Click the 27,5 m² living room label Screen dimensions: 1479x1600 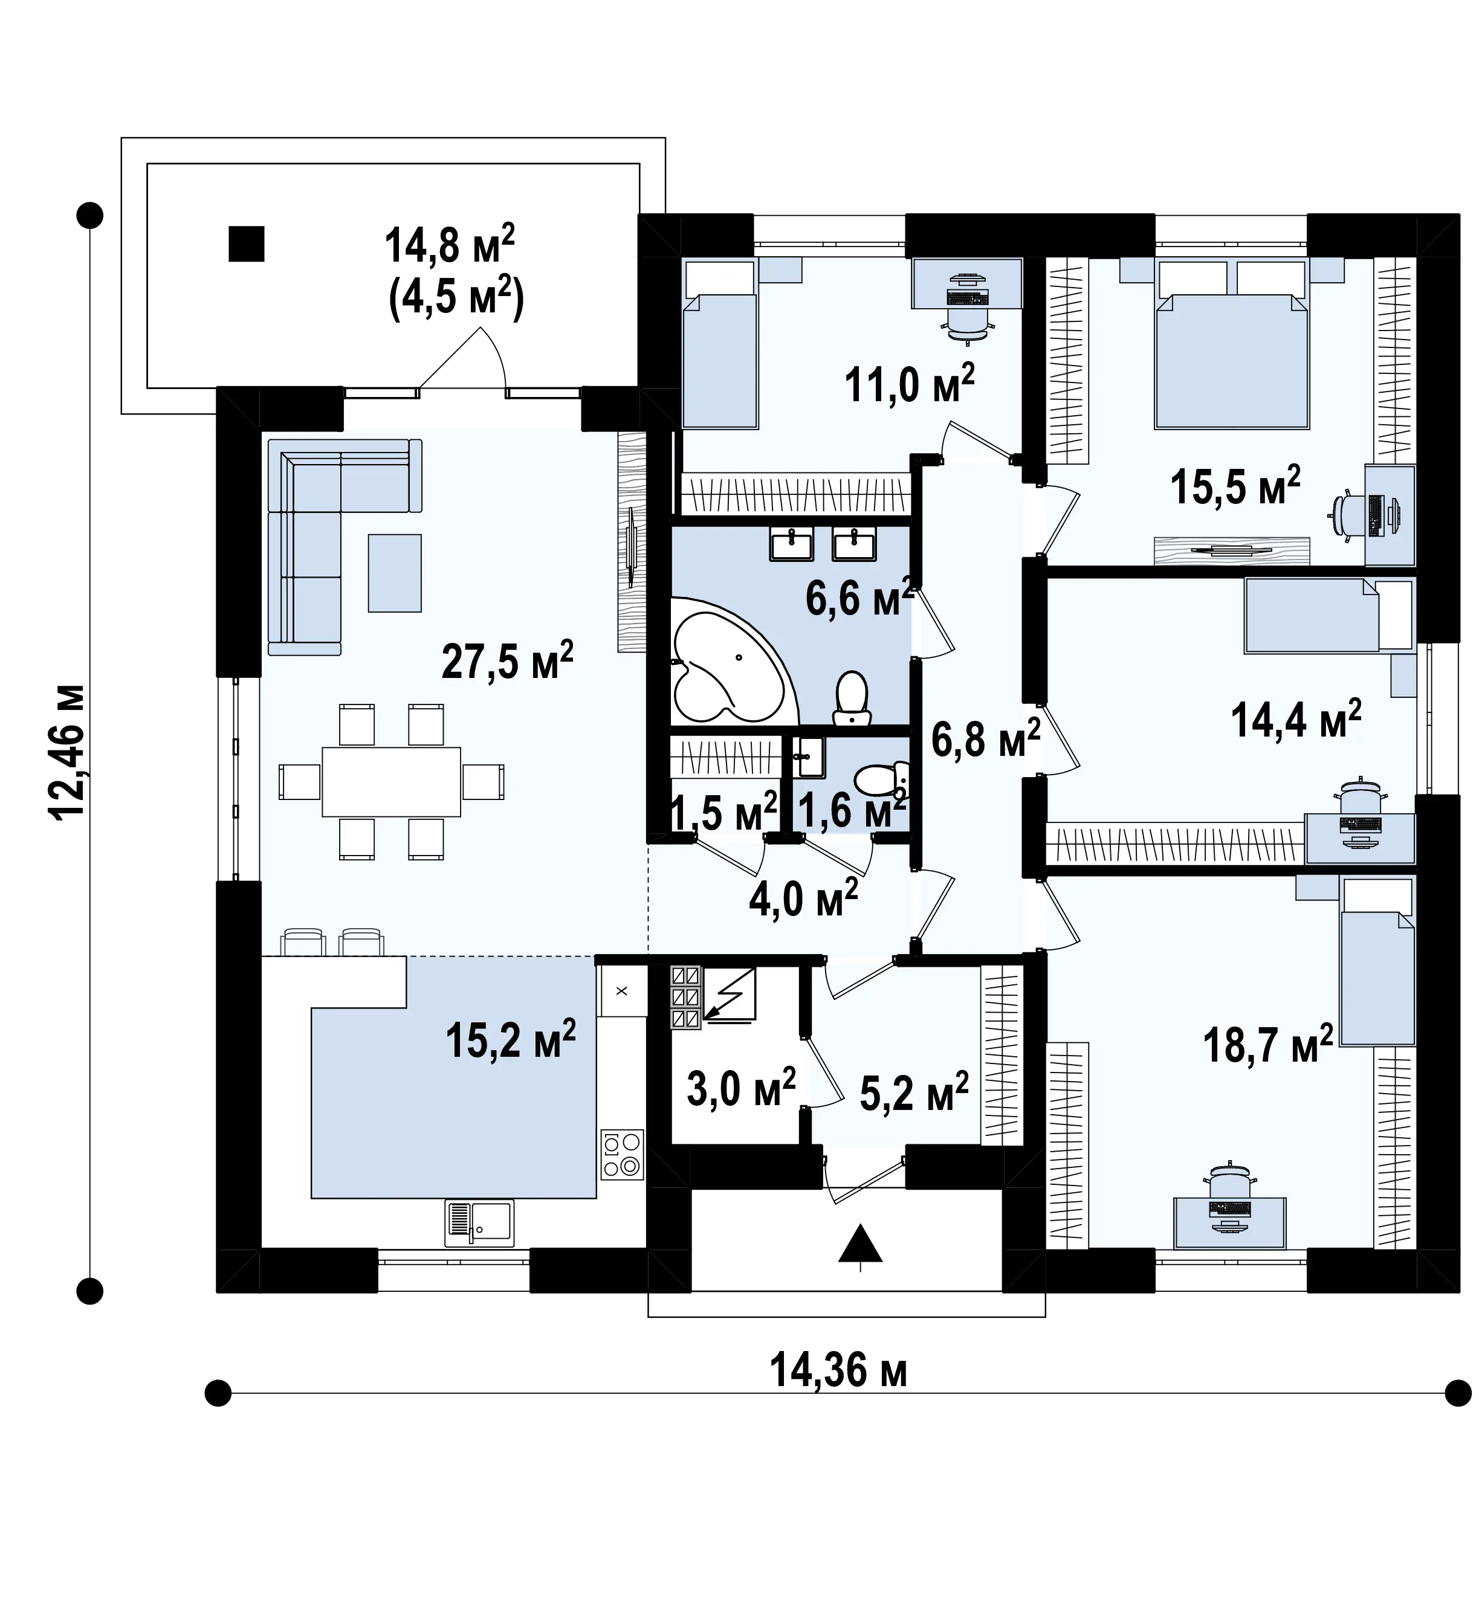[508, 661]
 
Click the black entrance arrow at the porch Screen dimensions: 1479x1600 [860, 1245]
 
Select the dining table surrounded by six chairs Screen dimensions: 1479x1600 [392, 782]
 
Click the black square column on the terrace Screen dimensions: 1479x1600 [247, 244]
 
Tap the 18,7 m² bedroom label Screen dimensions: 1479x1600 [1267, 1045]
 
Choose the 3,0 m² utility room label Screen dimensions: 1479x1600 [741, 1088]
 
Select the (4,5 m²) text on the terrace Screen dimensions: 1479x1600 [456, 297]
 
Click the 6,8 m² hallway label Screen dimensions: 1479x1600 [985, 738]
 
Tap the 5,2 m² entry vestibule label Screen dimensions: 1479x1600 [914, 1093]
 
